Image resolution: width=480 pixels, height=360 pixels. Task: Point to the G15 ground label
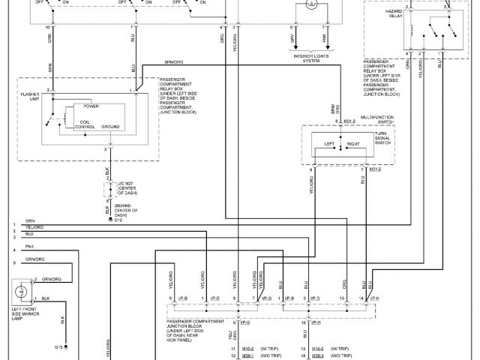tap(58, 346)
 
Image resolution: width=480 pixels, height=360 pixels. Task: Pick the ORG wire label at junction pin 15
tap(343, 283)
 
